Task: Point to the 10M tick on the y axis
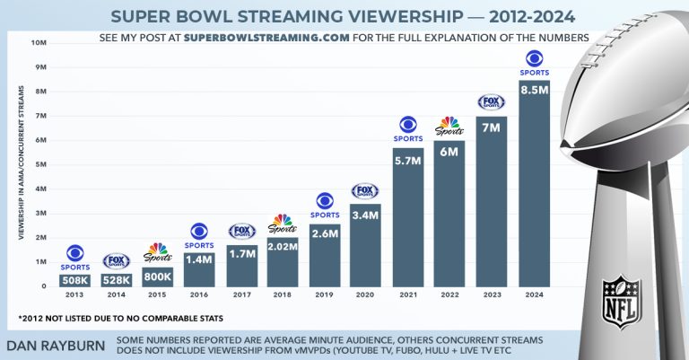coord(39,42)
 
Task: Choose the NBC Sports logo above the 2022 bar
coord(449,127)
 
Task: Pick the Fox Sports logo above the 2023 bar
coord(491,102)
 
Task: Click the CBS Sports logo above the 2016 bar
coord(199,236)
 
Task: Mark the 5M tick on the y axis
coord(39,164)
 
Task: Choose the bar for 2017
coord(241,266)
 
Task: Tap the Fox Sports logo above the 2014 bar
coord(116,261)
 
